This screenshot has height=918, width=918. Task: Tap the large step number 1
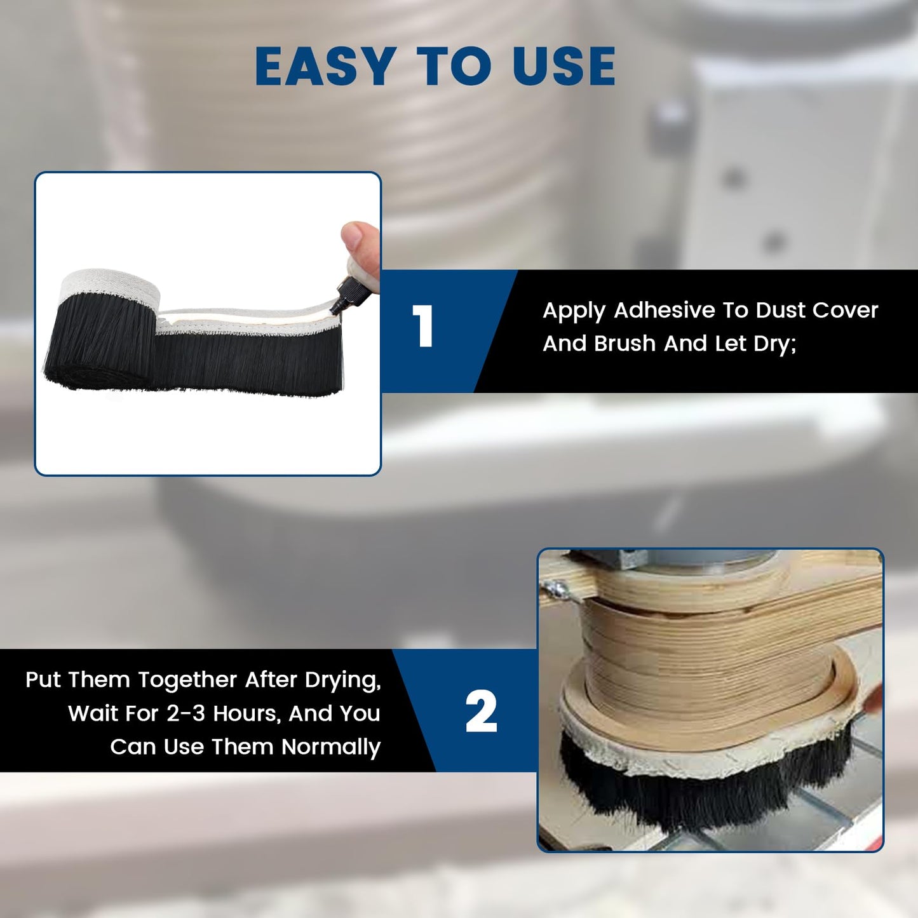[x=423, y=327]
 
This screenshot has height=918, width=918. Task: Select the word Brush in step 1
[x=624, y=344]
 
